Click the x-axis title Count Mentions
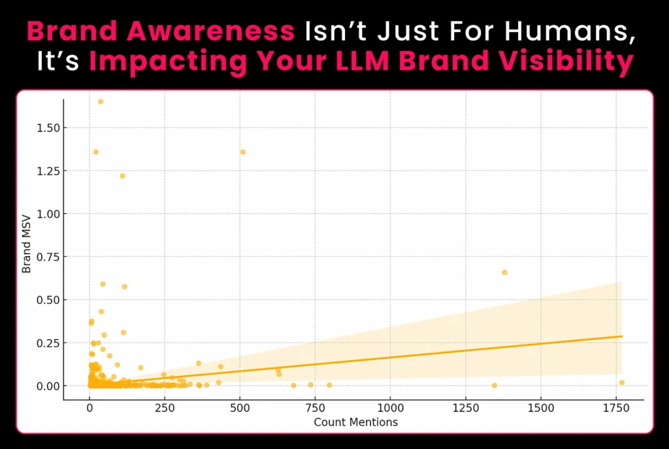pyautogui.click(x=355, y=422)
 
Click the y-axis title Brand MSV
pyautogui.click(x=27, y=249)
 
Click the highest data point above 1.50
pyautogui.click(x=101, y=101)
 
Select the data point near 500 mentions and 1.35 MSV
pyautogui.click(x=243, y=152)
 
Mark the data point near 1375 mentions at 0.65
pyautogui.click(x=504, y=272)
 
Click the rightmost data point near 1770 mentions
pyautogui.click(x=622, y=382)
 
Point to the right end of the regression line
pyautogui.click(x=622, y=336)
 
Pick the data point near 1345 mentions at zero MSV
pyautogui.click(x=494, y=386)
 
